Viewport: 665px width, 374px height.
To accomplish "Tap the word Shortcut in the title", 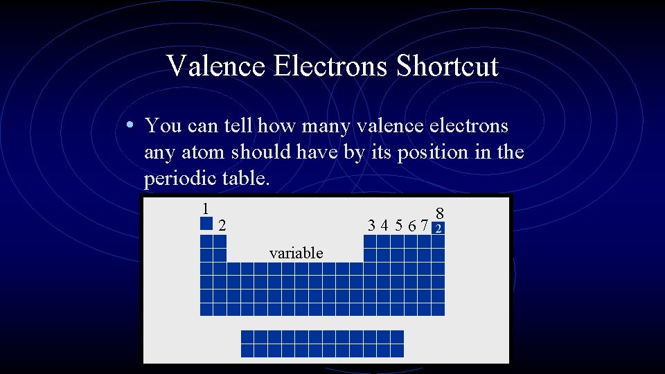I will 447,66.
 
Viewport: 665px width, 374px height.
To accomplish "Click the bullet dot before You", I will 130,126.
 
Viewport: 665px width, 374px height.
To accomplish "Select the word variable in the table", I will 296,253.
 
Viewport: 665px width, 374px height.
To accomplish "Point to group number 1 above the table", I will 205,208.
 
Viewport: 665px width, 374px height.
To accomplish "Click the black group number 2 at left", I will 222,225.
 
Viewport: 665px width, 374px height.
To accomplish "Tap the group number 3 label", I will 373,225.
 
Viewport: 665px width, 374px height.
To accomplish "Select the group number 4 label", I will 386,225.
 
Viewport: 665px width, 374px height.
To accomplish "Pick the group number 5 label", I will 399,225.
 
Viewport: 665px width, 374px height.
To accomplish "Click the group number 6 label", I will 412,225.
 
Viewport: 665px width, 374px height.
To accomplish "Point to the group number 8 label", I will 439,213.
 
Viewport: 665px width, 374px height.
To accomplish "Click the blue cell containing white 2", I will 438,228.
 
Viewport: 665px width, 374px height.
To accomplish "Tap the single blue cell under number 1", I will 206,223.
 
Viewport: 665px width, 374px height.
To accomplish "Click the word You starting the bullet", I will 163,126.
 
